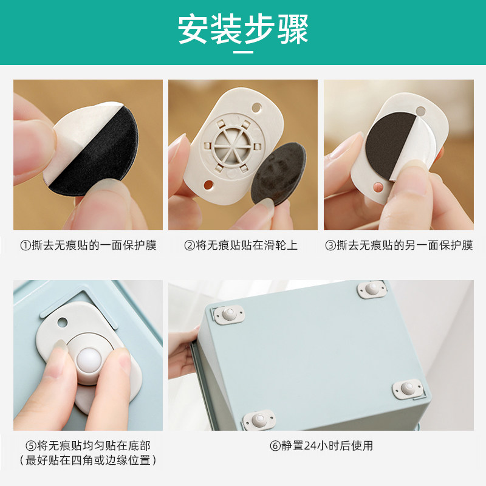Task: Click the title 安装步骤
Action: pos(243,29)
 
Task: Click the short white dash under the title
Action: pos(243,53)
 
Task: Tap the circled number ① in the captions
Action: pos(26,246)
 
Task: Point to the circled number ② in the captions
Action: pos(190,246)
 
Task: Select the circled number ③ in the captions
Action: pos(330,246)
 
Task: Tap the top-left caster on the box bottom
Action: pos(229,313)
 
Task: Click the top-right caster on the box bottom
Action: pos(372,290)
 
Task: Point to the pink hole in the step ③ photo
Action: pos(378,183)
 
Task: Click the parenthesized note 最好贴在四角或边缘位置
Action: pos(89,460)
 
